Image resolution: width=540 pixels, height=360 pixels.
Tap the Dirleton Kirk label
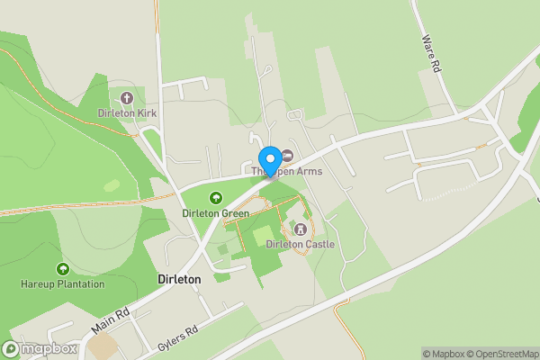tap(128, 113)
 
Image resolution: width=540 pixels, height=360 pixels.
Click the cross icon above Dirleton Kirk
tap(127, 98)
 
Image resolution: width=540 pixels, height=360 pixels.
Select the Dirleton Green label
tap(215, 213)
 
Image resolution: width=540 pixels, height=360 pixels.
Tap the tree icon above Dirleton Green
tap(215, 198)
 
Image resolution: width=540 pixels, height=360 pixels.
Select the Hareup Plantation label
tap(62, 284)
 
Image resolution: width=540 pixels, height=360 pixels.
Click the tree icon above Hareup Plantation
tap(62, 269)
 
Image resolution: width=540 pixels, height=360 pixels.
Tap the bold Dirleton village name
tap(179, 280)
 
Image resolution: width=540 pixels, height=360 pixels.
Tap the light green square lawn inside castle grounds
tap(263, 237)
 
